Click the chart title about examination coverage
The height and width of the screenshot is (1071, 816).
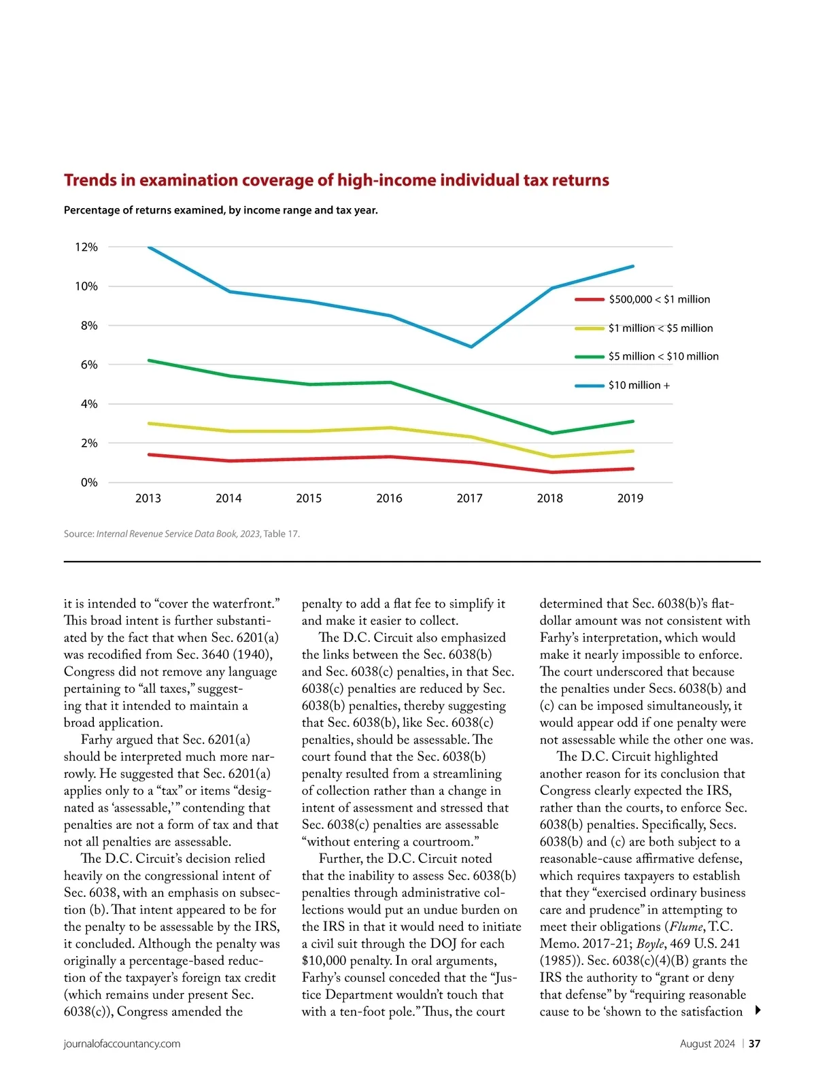tap(336, 180)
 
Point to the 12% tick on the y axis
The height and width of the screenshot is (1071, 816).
tap(86, 248)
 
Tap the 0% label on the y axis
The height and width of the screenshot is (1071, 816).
tap(89, 483)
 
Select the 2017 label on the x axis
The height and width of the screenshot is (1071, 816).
tap(469, 498)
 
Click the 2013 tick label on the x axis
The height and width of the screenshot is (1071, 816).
tap(148, 498)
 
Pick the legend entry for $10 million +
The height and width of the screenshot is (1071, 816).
tap(639, 386)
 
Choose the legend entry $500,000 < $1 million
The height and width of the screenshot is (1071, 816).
tap(659, 299)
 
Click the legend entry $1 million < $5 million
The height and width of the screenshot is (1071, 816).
tap(660, 328)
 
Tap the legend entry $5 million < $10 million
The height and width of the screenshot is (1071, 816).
tap(663, 356)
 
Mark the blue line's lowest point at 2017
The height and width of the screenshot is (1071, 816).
tap(471, 347)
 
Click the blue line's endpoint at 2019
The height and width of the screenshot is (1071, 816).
tap(632, 267)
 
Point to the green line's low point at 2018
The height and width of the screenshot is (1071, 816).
tap(551, 433)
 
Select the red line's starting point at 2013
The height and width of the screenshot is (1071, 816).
tap(149, 454)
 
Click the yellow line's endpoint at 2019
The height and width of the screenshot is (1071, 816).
tap(632, 451)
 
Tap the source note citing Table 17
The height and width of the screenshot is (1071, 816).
tap(182, 534)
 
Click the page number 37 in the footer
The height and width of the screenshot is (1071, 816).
tap(755, 1044)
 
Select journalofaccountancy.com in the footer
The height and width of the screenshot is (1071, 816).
tap(122, 1044)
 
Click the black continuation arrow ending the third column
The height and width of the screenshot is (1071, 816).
tap(758, 1011)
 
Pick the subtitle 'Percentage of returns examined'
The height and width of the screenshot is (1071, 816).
tap(220, 210)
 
